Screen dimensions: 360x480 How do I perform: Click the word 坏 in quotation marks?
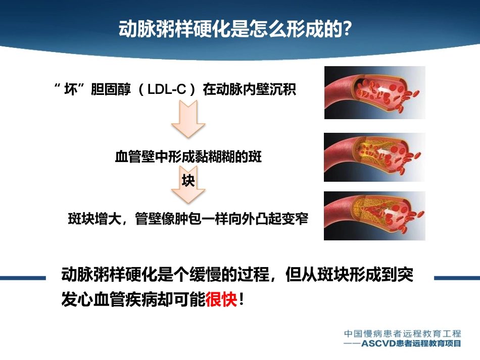(70, 90)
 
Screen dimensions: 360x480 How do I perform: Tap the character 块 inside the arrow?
(188, 181)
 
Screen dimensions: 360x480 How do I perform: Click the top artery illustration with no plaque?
(374, 92)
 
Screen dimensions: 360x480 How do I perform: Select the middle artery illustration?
(374, 157)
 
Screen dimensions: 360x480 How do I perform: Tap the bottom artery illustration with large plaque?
(374, 216)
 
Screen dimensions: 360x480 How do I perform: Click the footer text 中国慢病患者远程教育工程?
(402, 334)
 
